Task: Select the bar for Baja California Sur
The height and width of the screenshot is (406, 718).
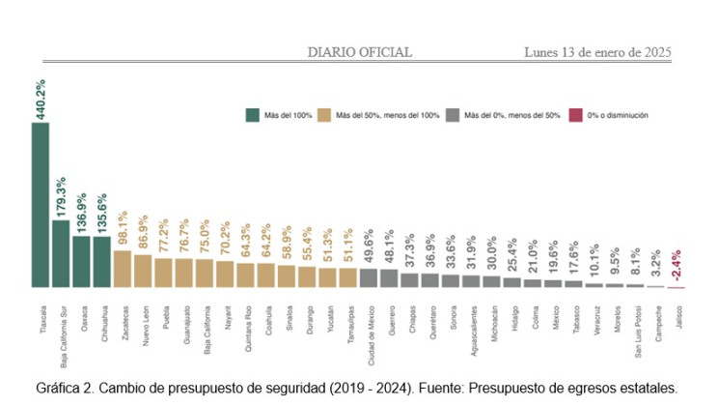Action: (60, 253)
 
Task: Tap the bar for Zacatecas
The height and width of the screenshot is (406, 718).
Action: (122, 269)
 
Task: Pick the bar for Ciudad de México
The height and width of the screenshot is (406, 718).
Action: (368, 277)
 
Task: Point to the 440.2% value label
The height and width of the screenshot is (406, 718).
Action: (41, 101)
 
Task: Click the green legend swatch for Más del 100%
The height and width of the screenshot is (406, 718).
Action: (253, 115)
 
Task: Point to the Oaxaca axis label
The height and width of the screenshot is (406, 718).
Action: (81, 313)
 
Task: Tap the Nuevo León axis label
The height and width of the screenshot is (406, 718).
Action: (143, 318)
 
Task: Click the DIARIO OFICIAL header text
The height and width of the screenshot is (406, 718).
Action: (359, 52)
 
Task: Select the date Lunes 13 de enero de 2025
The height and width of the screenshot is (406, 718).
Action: (598, 52)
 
